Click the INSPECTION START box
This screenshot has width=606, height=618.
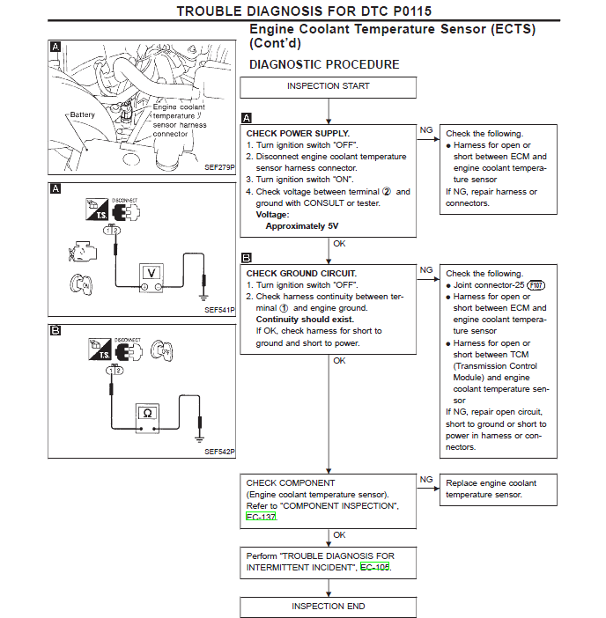click(x=328, y=86)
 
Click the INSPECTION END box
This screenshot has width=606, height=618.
click(x=328, y=607)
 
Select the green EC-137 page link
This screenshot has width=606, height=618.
click(x=262, y=517)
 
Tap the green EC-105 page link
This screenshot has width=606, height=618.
click(x=374, y=568)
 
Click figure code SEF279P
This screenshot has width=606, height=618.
click(x=219, y=166)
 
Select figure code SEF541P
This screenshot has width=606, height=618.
click(x=219, y=310)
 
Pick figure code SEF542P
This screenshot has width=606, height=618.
click(x=219, y=452)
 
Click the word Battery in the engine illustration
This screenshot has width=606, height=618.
click(x=83, y=115)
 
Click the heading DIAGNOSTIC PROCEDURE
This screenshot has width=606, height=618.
click(x=324, y=64)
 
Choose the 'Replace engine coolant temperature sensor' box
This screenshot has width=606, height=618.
click(x=499, y=489)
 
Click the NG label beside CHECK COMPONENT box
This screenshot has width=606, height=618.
click(x=426, y=480)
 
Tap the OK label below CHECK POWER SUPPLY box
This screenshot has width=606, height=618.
click(x=339, y=244)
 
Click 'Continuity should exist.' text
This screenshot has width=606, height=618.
click(x=305, y=320)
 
